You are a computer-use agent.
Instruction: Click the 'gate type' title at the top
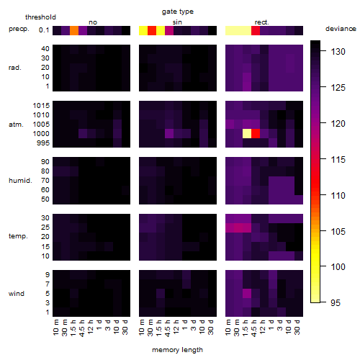pos(178,12)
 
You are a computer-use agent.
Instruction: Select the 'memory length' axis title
pos(178,350)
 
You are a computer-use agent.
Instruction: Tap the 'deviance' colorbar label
pos(341,29)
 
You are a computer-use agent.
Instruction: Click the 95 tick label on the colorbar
pos(336,302)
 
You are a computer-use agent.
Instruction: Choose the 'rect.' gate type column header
pos(262,22)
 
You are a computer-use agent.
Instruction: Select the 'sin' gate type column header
pos(177,22)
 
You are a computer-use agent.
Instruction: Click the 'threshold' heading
pos(40,17)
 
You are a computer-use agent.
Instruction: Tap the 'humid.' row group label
pos(20,181)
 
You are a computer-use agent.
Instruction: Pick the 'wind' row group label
pos(17,294)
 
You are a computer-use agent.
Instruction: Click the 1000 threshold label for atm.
pos(41,134)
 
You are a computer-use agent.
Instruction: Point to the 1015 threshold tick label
pos(41,106)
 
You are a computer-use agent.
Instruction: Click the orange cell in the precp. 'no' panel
pos(74,31)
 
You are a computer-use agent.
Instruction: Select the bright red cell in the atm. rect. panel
pos(256,134)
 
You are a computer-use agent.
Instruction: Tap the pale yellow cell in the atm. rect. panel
pos(247,134)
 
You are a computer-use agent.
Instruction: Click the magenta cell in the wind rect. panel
pos(247,293)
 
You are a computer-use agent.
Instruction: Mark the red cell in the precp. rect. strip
pos(256,31)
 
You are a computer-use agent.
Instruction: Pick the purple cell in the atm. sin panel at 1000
pos(169,134)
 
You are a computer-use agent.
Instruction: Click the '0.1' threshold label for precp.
pos(44,30)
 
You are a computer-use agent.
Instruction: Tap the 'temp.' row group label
pos(18,236)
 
